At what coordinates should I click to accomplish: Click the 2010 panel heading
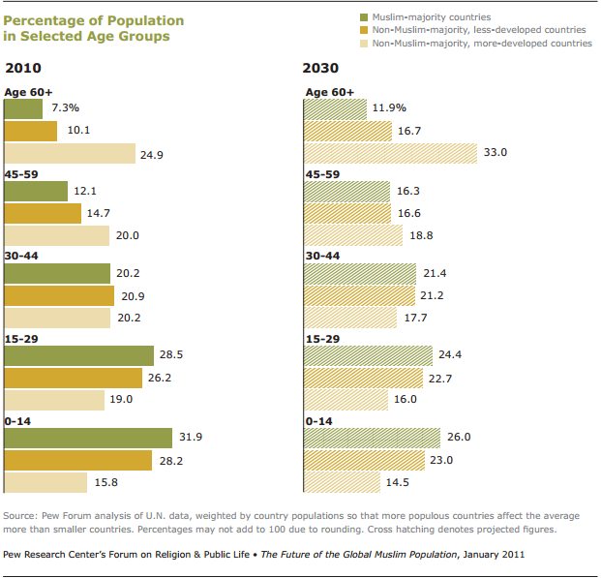tap(24, 69)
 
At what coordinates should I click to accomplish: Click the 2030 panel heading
tap(321, 69)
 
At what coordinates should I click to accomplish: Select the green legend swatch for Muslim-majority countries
tap(364, 17)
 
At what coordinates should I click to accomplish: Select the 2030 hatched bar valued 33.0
tap(391, 153)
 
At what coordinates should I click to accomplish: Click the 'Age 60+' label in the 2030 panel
tap(329, 92)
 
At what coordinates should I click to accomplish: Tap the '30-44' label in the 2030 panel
tap(324, 258)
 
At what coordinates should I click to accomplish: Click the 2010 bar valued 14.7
tap(44, 213)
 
